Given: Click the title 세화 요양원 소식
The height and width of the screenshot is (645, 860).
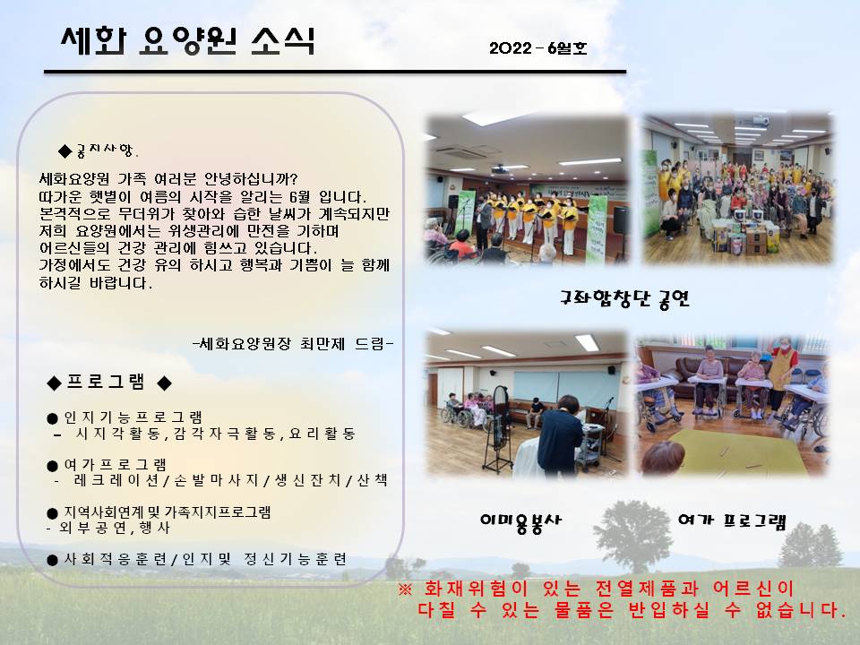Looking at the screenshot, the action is coord(188,40).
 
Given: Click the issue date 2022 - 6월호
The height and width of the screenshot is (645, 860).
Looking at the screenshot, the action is coord(538,48).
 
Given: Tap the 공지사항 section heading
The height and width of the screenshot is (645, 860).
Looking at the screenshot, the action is coord(99,150).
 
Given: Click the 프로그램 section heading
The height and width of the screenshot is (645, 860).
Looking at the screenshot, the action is coord(109,382).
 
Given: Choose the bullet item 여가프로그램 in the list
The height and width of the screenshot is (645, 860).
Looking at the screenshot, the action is coord(107,465).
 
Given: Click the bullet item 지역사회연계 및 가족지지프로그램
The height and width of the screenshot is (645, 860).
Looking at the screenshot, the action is coord(159,512).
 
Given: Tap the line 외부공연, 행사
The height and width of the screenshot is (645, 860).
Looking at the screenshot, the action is coord(108,528).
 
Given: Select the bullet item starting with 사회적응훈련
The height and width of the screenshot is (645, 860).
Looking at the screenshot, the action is coord(197,559).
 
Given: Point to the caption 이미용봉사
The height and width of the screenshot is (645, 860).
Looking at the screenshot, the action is coord(520,521).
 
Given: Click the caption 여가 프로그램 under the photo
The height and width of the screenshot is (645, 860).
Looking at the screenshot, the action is coord(732,520).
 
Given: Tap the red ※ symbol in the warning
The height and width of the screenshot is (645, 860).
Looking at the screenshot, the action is coord(405,589).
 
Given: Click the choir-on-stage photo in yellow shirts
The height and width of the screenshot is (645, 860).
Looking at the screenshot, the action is coord(528,190).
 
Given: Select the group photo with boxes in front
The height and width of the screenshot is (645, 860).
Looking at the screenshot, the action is coord(737,190).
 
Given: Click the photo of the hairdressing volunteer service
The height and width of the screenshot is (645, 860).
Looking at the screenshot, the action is coord(528,403).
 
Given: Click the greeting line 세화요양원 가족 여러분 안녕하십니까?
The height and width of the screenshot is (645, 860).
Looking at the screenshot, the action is coord(168,179).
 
